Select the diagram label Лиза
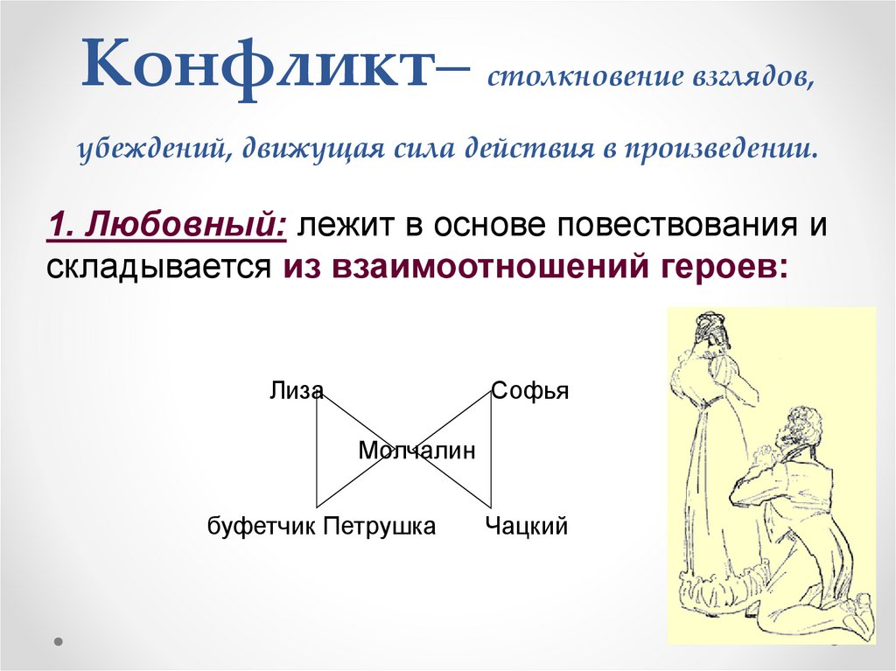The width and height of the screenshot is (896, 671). point(296,391)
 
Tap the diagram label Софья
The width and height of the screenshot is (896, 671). point(529,391)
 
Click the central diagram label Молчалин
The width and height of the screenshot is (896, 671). point(416,451)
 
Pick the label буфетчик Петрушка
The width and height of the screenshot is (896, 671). point(321,527)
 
